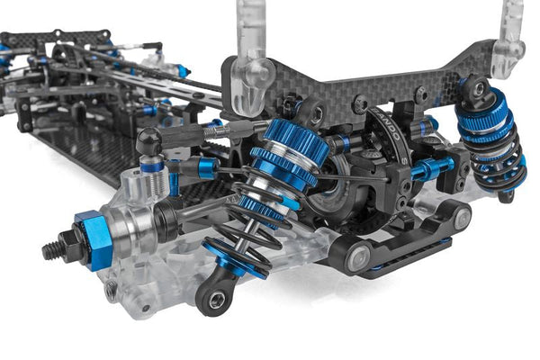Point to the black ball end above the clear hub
coord(149,140)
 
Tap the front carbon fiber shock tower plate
coord(360,81)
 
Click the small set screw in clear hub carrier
coord(111,290)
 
